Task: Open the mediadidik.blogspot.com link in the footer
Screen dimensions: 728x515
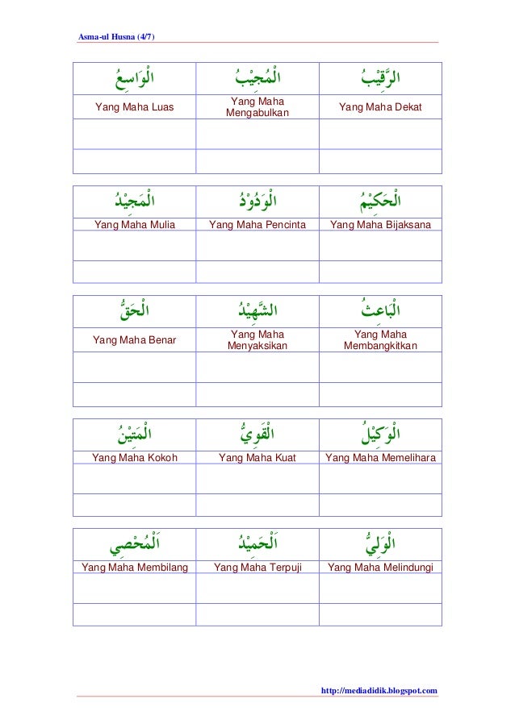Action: [x=379, y=690]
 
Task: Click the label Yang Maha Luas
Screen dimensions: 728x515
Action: [x=134, y=106]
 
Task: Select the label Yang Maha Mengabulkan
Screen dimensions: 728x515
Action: [x=257, y=106]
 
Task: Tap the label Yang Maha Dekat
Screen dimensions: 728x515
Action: [x=380, y=106]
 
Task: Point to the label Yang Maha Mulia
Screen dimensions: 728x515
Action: [x=135, y=225]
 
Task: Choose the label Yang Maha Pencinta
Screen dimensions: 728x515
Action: [x=257, y=225]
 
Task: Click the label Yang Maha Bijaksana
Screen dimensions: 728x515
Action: [x=380, y=225]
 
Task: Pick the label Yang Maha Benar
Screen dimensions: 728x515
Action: [x=134, y=340]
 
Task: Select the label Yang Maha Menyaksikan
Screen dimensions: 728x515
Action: [x=257, y=340]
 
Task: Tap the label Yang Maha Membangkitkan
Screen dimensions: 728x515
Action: [x=380, y=340]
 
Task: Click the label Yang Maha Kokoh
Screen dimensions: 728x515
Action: [x=135, y=458]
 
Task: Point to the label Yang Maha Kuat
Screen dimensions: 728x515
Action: [x=257, y=458]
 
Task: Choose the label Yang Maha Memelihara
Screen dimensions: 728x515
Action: [x=380, y=458]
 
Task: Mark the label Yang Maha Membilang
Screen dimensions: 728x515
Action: [x=135, y=568]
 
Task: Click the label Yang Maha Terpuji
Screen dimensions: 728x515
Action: [x=257, y=568]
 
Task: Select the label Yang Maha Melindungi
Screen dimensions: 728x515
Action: [x=380, y=568]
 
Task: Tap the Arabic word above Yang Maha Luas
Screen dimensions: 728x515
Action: [x=135, y=81]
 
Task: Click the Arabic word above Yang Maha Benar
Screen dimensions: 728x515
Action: [x=135, y=310]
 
